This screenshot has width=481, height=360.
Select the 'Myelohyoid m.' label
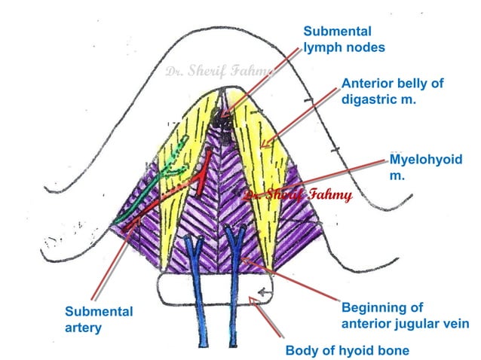click(426, 167)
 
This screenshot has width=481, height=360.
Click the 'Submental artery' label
click(99, 319)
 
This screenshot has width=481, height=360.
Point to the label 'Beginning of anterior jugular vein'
click(405, 316)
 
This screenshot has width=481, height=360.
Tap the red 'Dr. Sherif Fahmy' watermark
click(298, 196)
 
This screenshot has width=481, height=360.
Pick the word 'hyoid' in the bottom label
click(357, 350)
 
